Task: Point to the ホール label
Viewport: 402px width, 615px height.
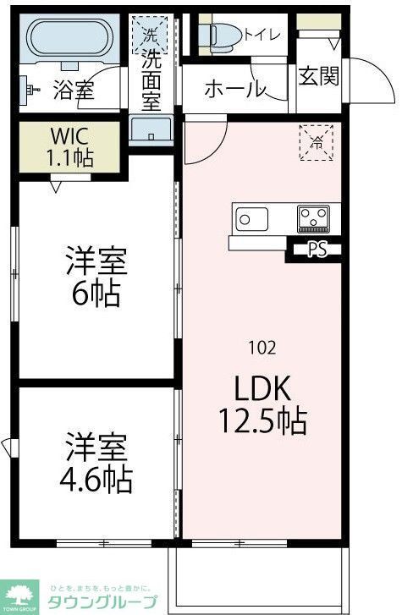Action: click(x=234, y=88)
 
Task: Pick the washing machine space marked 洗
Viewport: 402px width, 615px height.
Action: click(x=150, y=36)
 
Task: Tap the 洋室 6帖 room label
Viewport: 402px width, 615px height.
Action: click(x=96, y=277)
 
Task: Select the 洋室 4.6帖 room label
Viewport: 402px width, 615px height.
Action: click(x=96, y=463)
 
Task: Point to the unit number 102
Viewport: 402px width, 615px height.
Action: click(x=262, y=347)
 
